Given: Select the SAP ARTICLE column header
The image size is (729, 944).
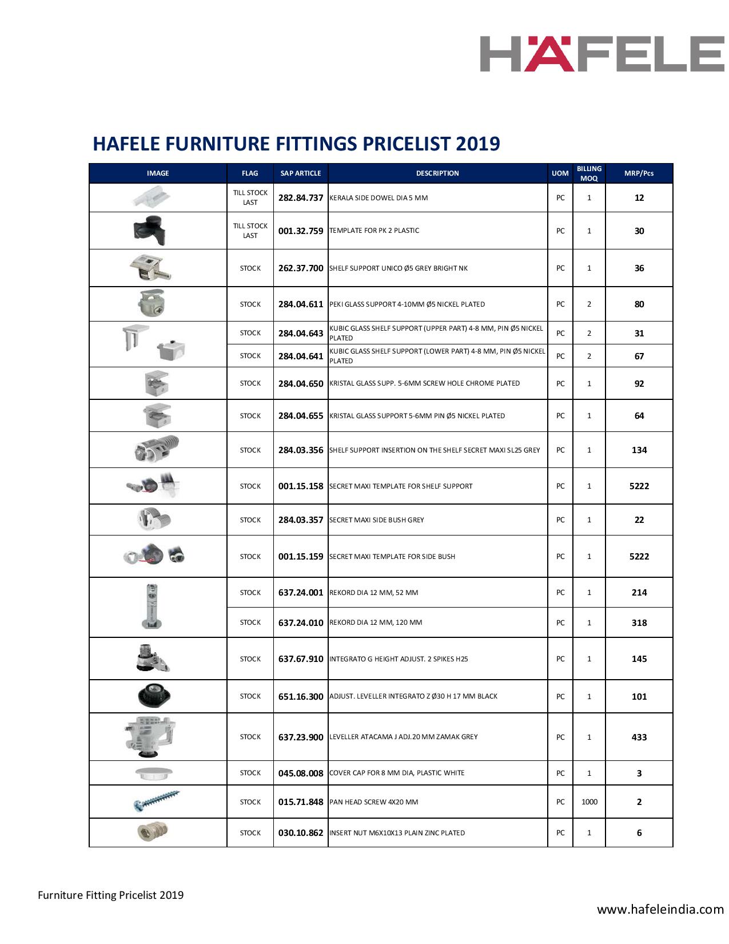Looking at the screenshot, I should [301, 173].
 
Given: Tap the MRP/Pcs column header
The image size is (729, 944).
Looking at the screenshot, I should [639, 173].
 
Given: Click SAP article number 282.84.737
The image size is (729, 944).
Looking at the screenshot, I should [301, 198].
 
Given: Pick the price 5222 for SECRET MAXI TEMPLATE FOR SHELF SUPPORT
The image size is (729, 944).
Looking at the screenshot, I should [639, 486].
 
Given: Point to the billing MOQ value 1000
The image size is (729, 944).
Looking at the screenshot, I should [589, 802].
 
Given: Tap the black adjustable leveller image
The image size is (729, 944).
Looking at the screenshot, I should [155, 695].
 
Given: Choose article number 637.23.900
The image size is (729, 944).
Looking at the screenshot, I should [301, 737].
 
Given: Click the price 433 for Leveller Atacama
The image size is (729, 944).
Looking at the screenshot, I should [639, 737].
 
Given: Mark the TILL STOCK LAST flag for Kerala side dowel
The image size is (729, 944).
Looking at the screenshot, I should [250, 198].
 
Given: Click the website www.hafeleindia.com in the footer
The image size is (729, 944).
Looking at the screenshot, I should [660, 909].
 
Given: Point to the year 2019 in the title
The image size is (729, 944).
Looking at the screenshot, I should [477, 143].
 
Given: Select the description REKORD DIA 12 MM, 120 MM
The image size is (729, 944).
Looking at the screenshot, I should [376, 622].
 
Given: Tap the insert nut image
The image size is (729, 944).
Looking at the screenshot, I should [154, 831].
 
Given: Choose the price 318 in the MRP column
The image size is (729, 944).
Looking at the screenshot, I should [639, 623].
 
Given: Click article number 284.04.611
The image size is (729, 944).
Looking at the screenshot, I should [301, 304].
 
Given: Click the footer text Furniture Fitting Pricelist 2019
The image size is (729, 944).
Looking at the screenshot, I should [111, 895].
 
